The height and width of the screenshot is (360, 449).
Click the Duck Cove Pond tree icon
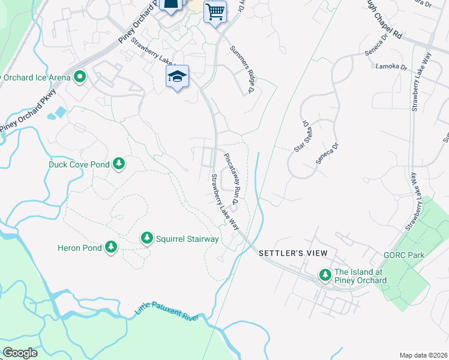pyautogui.click(x=119, y=164)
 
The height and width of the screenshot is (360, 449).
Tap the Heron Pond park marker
pyautogui.click(x=110, y=247)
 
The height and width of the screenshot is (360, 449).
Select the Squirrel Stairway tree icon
pyautogui.click(x=147, y=239)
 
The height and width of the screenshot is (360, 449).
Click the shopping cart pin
pyautogui.click(x=215, y=11)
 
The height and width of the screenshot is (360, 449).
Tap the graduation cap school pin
pyautogui.click(x=177, y=76)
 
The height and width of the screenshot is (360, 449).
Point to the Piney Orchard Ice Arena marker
pyautogui.click(x=79, y=77)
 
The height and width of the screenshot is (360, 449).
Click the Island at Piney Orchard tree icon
pyautogui.click(x=325, y=275)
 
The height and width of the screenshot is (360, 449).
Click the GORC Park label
pyautogui.click(x=404, y=255)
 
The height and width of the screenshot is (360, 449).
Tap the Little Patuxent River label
pyautogui.click(x=167, y=310)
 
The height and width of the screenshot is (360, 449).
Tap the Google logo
pyautogui.click(x=20, y=352)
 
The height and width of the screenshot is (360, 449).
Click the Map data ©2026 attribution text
pyautogui.click(x=423, y=355)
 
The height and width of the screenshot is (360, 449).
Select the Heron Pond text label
pyautogui.click(x=77, y=247)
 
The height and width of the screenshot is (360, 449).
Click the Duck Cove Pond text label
pyautogui.click(x=79, y=164)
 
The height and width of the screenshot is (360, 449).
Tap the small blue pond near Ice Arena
pyautogui.click(x=61, y=112)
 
